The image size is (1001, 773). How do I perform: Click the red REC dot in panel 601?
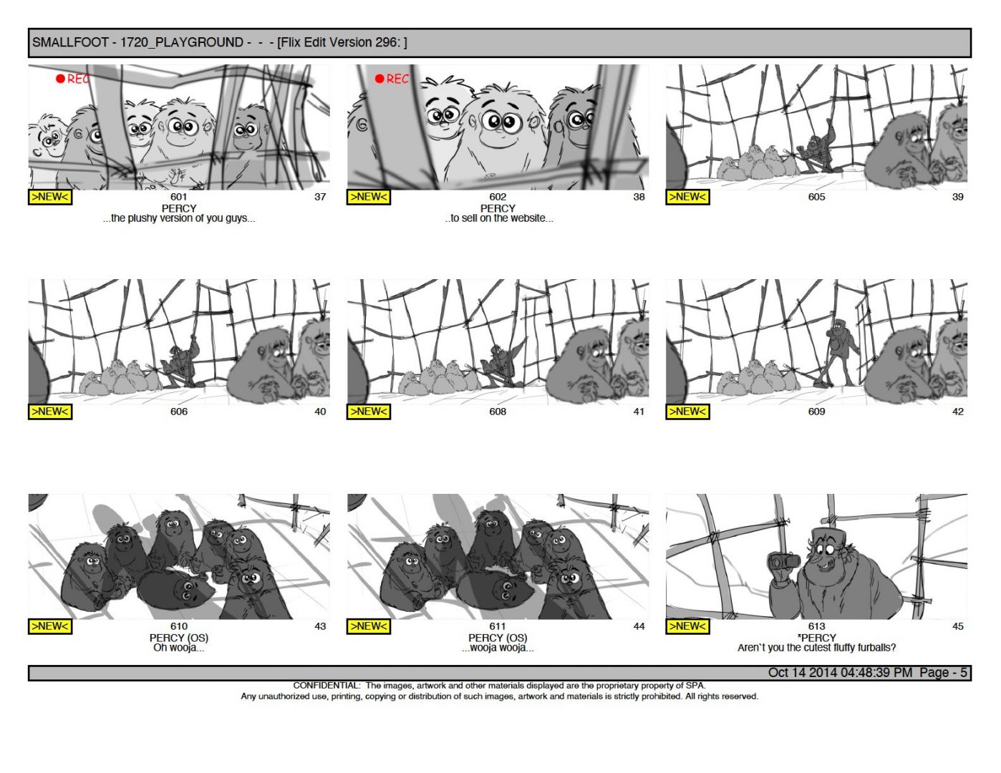pos(60,79)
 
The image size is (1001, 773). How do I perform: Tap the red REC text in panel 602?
pos(397,79)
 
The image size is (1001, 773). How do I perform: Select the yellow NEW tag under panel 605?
pos(687,197)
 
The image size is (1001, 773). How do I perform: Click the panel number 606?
pos(179,412)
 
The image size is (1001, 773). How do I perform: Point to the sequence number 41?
pos(639,412)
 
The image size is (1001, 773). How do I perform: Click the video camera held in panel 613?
pos(785,561)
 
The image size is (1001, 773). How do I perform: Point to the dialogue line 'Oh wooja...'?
pos(179,648)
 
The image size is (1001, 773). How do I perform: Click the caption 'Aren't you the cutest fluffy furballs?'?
pos(816,648)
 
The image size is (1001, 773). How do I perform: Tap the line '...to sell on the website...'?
pos(499,218)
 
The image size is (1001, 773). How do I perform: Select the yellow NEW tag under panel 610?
pos(49,626)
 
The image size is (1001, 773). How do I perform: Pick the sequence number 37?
pos(320,197)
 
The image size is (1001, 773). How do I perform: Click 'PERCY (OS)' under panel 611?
pos(498,638)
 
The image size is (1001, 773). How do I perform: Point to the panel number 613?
pos(816,626)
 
